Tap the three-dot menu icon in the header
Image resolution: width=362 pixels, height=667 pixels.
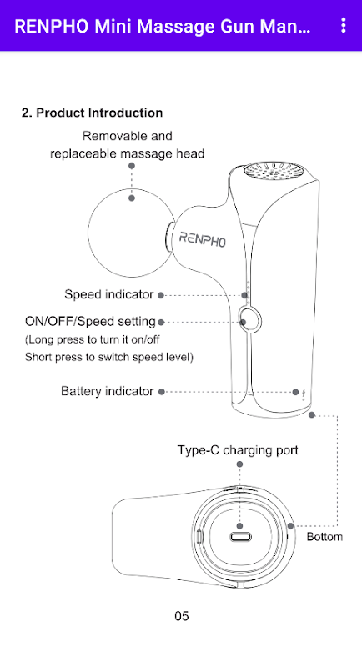coord(344,26)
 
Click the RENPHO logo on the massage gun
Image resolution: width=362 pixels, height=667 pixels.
coord(203,239)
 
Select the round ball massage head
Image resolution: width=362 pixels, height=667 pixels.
coord(131,233)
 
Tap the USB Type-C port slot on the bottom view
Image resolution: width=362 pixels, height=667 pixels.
coord(240,537)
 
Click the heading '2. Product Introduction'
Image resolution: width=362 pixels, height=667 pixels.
coord(93,113)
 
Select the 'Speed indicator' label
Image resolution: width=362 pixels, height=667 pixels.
coord(109,294)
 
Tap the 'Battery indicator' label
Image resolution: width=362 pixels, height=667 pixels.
coord(108,391)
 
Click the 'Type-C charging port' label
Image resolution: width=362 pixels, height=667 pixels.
coord(238,450)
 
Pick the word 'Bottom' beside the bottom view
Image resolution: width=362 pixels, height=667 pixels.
coord(324,537)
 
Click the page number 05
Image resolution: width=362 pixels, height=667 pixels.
coord(182,616)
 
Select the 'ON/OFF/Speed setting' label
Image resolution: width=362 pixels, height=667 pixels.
coord(91,322)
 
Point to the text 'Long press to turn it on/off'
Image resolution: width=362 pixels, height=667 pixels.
coord(93,340)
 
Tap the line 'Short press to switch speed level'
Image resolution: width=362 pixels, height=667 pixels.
coord(108,357)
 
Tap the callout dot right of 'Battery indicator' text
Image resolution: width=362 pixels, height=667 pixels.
coord(162,391)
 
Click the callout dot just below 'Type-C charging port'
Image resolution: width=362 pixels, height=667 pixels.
coord(239,464)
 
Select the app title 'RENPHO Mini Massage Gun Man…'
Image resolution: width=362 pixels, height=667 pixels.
coord(163,26)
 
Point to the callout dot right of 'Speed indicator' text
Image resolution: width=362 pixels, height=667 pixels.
coord(161,295)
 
